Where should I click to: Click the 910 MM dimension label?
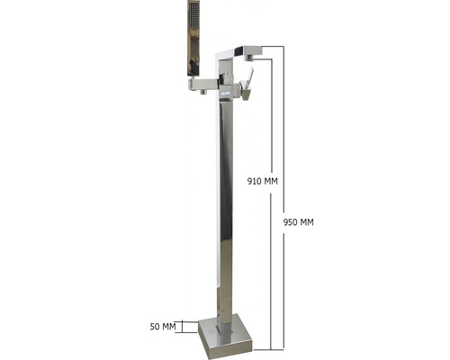click(263, 181)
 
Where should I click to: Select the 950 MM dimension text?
click(299, 222)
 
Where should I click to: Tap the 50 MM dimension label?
click(163, 327)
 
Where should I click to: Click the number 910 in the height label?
click(255, 181)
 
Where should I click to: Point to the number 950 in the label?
click(291, 222)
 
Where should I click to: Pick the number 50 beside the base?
click(155, 327)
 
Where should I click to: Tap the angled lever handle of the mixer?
click(249, 78)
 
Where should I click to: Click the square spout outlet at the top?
click(253, 50)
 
